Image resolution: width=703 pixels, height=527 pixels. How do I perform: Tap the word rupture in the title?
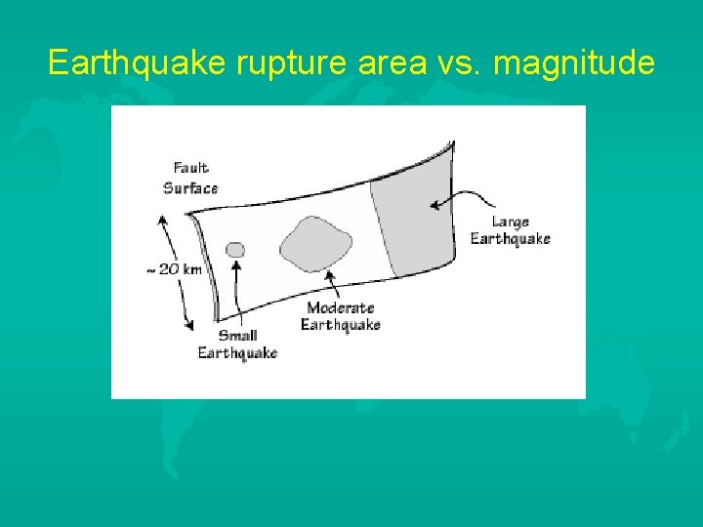[276, 64]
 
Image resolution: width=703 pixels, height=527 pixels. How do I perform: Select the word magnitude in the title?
[574, 64]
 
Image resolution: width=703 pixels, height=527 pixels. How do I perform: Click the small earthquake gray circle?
[235, 250]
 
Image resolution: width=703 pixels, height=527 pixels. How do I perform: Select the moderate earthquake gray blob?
[316, 243]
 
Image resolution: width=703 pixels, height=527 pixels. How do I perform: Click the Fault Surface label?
[190, 178]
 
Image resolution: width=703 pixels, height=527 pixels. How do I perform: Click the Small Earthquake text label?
[237, 345]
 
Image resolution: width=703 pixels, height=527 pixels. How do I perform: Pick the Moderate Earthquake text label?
[340, 316]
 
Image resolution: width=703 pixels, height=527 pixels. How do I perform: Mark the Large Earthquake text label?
[510, 230]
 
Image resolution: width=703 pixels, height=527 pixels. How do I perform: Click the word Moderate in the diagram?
[342, 308]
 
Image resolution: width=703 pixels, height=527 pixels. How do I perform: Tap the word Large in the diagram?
[510, 223]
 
